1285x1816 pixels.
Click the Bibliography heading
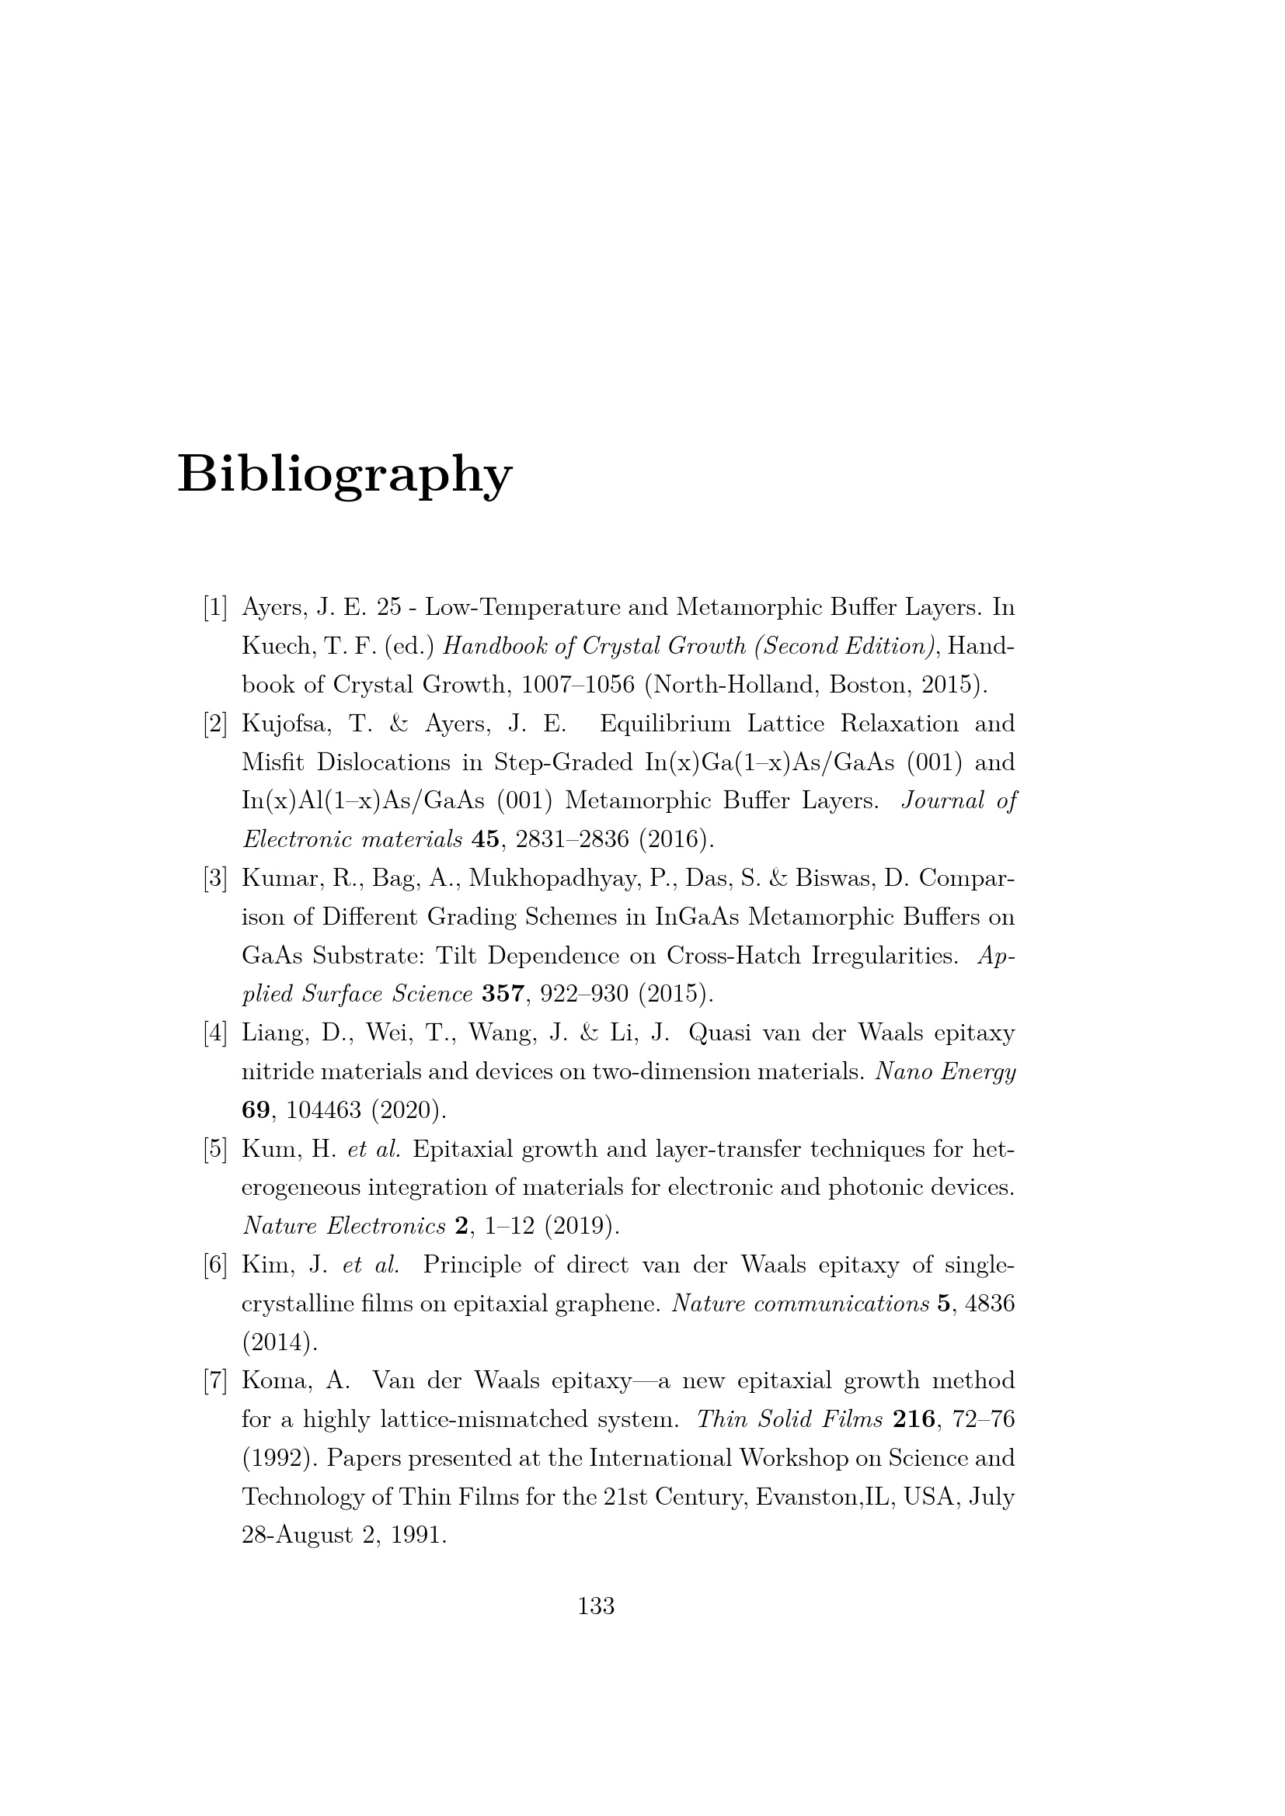[345, 474]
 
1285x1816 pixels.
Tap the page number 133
[597, 1606]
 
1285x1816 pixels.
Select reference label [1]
[215, 608]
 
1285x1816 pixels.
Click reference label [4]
[215, 1033]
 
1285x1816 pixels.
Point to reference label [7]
[215, 1382]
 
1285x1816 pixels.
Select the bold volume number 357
[503, 995]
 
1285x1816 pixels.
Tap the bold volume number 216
[913, 1420]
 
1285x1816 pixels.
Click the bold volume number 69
[256, 1110]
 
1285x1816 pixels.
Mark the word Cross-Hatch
[733, 957]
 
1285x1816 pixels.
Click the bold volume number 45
[485, 839]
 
